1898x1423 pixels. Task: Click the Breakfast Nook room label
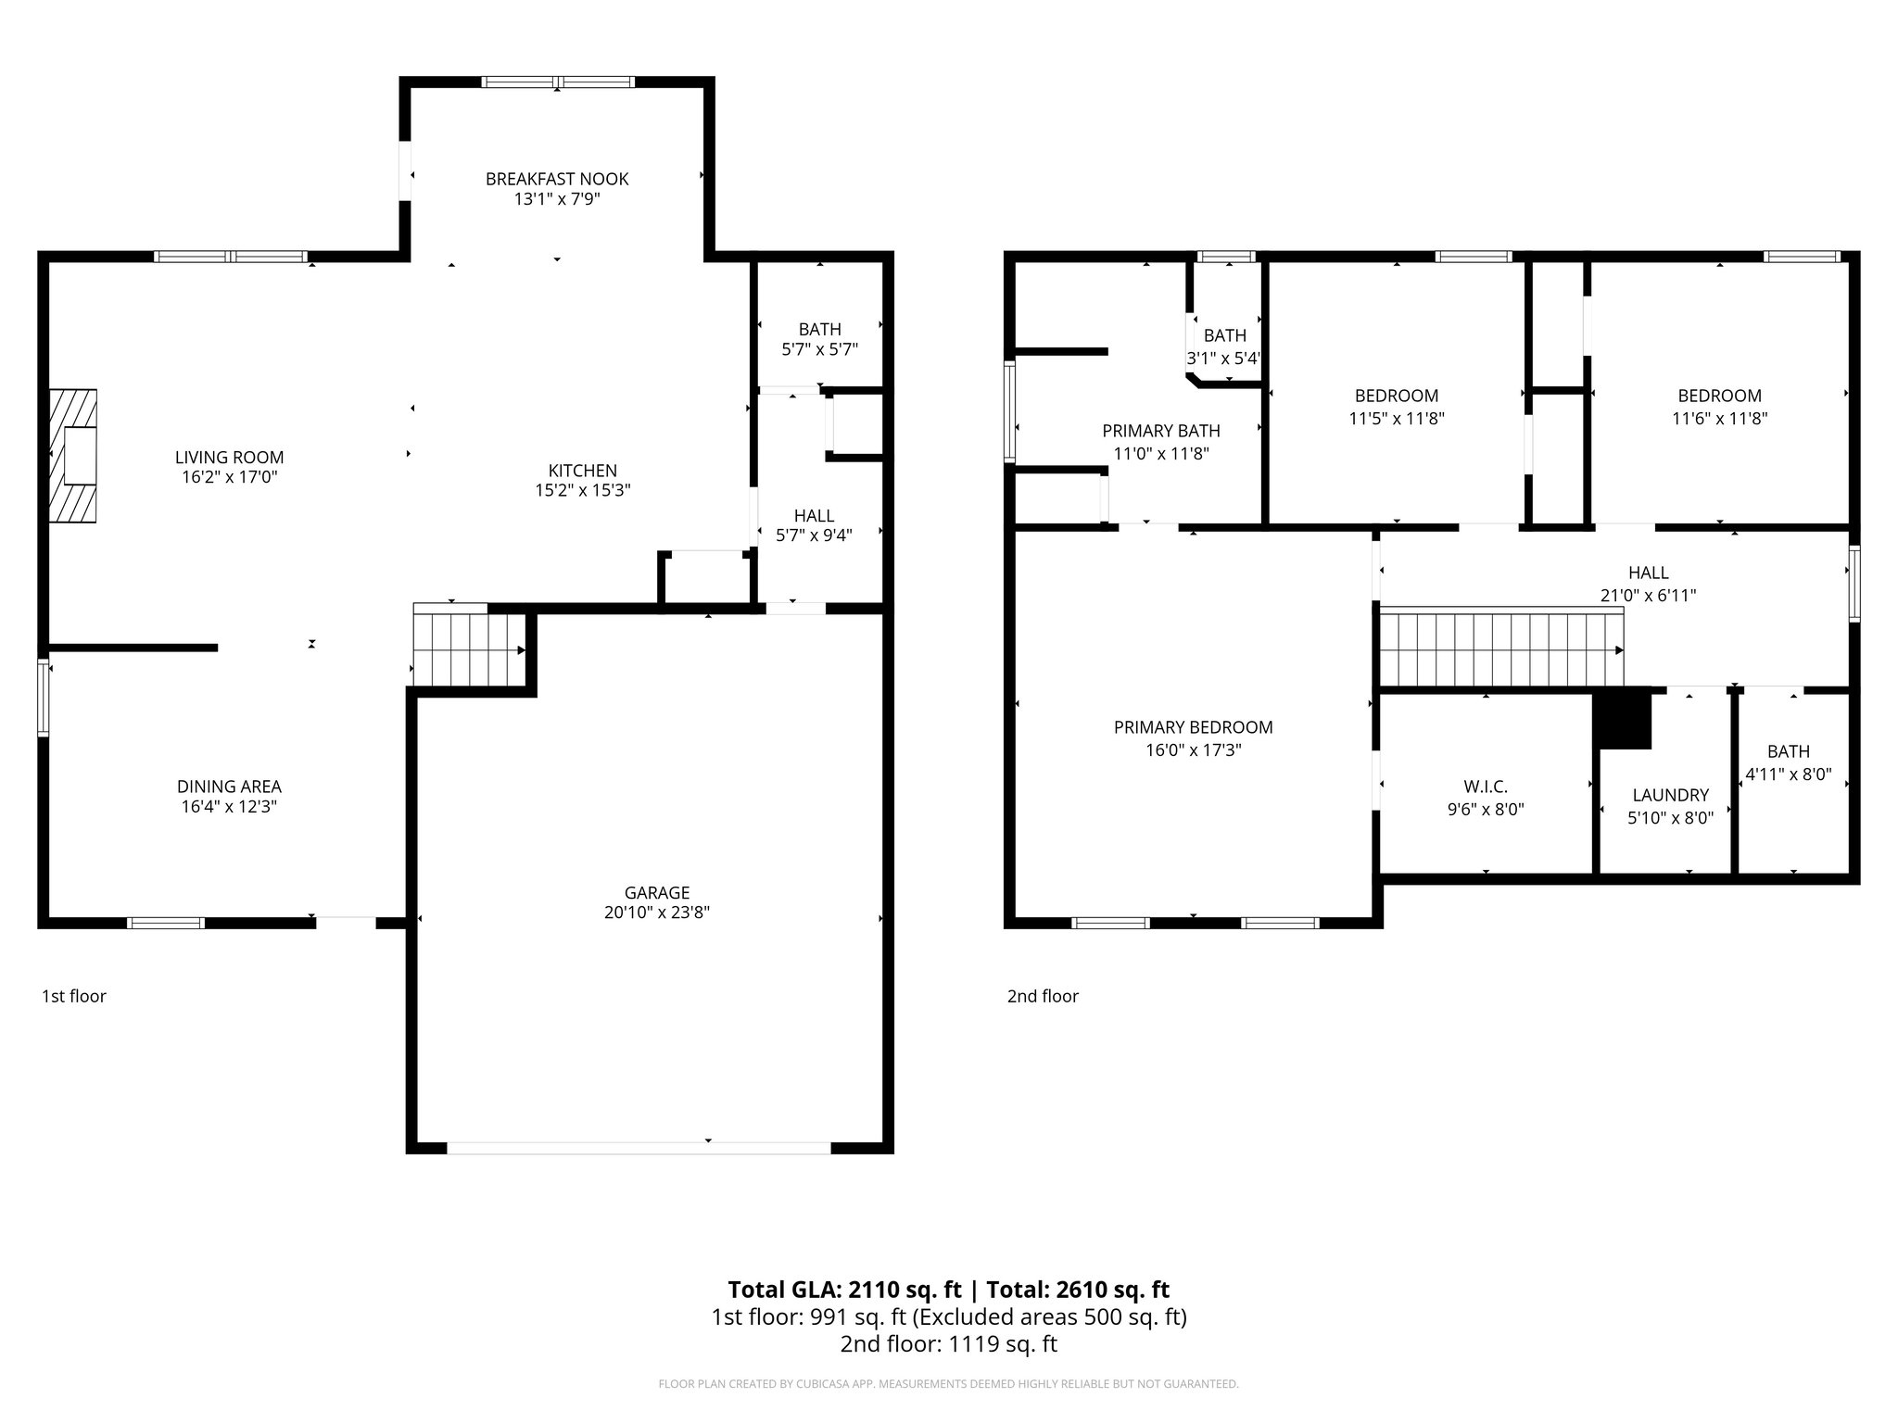click(557, 179)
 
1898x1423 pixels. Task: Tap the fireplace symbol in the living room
click(74, 456)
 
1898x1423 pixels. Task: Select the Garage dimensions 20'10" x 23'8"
click(656, 913)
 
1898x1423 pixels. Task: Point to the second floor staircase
click(1499, 649)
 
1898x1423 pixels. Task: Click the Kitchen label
click(582, 471)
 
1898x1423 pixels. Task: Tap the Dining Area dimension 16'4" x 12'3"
click(229, 806)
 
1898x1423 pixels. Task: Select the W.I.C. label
click(1486, 787)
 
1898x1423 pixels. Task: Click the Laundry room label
click(1670, 795)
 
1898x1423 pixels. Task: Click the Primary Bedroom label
click(1193, 727)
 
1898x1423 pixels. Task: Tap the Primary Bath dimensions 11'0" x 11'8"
click(1160, 453)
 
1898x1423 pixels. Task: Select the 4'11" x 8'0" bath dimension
click(1788, 774)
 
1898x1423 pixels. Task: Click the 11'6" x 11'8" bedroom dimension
click(1719, 418)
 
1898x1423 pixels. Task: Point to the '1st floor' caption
click(74, 996)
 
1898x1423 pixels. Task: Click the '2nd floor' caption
click(1043, 996)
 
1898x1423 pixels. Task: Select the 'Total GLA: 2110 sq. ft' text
click(845, 1290)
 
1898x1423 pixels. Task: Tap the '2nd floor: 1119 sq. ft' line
click(948, 1344)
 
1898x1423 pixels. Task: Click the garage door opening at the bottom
click(639, 1148)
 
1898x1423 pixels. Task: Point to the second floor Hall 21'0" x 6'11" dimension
click(1648, 596)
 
